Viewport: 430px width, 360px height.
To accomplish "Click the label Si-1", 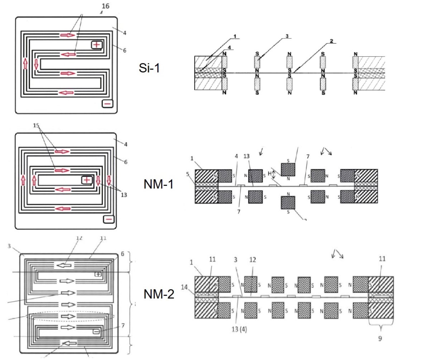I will click(x=149, y=68).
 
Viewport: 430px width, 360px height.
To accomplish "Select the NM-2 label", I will click(x=159, y=294).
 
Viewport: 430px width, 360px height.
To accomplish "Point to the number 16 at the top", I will click(x=106, y=6).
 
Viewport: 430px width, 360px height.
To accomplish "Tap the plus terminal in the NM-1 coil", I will click(x=87, y=180).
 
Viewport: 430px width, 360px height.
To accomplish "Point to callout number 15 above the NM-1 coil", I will click(x=35, y=126).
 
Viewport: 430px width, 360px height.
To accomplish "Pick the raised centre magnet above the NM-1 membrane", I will click(x=288, y=169).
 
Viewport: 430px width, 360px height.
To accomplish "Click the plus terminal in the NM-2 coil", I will click(x=98, y=274).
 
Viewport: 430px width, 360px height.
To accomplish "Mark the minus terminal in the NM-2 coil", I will click(x=96, y=332).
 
